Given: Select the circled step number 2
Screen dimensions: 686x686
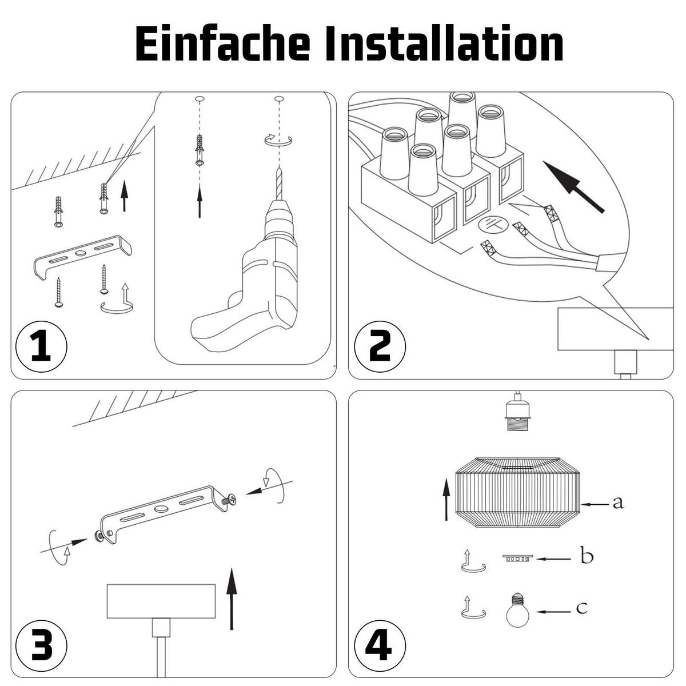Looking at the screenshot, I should [x=380, y=347].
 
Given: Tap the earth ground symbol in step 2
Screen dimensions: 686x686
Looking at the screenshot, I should [x=492, y=225].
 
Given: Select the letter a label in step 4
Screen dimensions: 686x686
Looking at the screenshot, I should [x=617, y=503].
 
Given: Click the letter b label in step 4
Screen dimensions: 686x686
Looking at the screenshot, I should [x=587, y=556].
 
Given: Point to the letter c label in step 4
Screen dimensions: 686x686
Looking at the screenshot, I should [x=581, y=608].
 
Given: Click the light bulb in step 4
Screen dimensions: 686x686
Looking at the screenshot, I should [x=517, y=611].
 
